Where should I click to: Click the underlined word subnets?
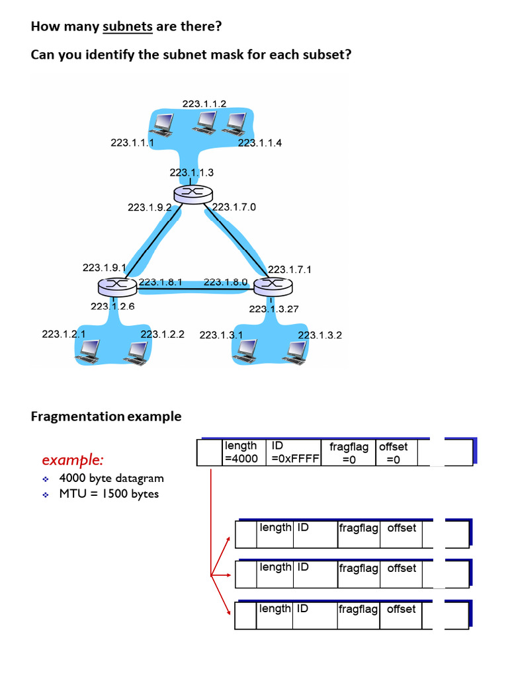pyautogui.click(x=128, y=27)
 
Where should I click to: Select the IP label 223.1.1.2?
pyautogui.click(x=204, y=103)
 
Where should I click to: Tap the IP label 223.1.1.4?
pyautogui.click(x=260, y=142)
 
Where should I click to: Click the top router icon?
pyautogui.click(x=193, y=192)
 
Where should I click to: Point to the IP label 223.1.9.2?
pyautogui.click(x=149, y=207)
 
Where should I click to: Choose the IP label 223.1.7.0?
pyautogui.click(x=234, y=207)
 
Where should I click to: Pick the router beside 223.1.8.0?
pyautogui.click(x=273, y=285)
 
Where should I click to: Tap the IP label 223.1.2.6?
pyautogui.click(x=112, y=306)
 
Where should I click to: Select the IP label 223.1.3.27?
pyautogui.click(x=274, y=309)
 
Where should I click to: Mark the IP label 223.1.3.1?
pyautogui.click(x=221, y=335)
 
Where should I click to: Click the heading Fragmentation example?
pyautogui.click(x=106, y=417)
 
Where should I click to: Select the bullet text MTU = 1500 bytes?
pyautogui.click(x=108, y=494)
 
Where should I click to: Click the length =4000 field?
pyautogui.click(x=241, y=452)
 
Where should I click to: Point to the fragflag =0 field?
pyautogui.click(x=349, y=453)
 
